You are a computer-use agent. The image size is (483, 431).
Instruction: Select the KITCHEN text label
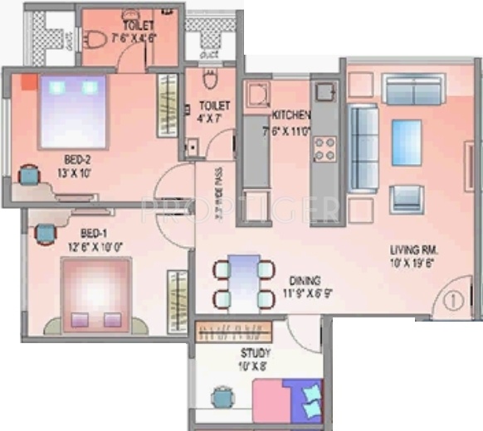pyautogui.click(x=290, y=115)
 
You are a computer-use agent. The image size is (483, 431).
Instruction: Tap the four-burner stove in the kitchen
pyautogui.click(x=324, y=148)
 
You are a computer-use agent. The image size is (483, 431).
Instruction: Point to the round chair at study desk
pyautogui.click(x=222, y=398)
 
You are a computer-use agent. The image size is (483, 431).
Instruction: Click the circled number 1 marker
pyautogui.click(x=453, y=300)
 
